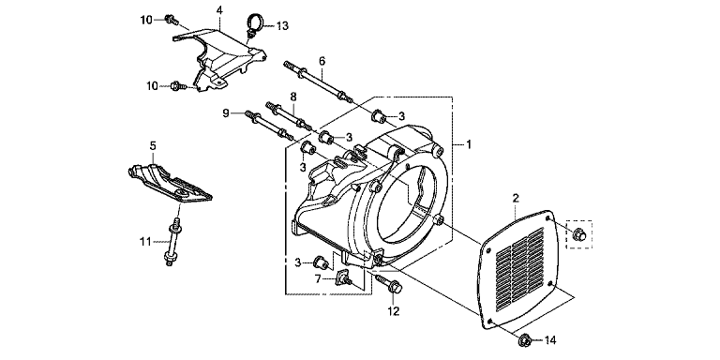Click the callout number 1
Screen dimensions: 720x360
point(469,144)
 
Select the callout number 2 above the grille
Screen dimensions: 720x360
point(516,199)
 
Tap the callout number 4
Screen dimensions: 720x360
point(220,10)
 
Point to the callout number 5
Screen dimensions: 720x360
point(153,145)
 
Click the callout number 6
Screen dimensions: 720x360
point(322,61)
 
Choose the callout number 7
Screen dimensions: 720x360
point(317,278)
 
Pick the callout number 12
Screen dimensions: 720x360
point(393,311)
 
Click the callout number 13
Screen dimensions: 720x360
point(282,26)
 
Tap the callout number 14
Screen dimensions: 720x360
point(550,340)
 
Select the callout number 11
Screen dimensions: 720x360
point(145,241)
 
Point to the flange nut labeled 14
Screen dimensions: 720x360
point(525,340)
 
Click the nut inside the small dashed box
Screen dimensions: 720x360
point(579,235)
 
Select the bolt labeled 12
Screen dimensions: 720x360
point(388,284)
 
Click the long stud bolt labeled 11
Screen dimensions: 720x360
point(173,243)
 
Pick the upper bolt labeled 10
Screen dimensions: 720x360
point(171,20)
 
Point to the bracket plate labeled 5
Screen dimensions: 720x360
point(169,181)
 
